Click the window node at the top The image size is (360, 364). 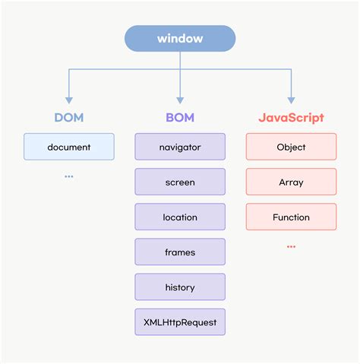(x=180, y=39)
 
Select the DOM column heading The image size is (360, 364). (x=68, y=118)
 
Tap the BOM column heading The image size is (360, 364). (x=180, y=118)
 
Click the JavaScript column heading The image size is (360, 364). (x=291, y=118)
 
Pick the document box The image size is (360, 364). (x=68, y=147)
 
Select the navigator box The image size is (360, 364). (x=180, y=147)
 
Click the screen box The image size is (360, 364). (x=180, y=182)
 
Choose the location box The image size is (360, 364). (x=180, y=217)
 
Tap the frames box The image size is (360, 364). (x=180, y=252)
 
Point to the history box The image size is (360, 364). (x=180, y=287)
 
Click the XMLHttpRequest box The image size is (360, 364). (x=180, y=322)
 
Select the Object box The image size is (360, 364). (x=291, y=147)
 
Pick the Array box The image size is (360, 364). (x=291, y=182)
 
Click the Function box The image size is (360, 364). (x=291, y=217)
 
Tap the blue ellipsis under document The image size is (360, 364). (x=68, y=176)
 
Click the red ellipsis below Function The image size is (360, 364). (x=291, y=246)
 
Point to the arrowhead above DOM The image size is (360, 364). (x=68, y=99)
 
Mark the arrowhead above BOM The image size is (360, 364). (x=180, y=99)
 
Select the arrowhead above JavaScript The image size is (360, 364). (x=291, y=99)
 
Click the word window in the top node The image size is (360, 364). (x=180, y=39)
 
